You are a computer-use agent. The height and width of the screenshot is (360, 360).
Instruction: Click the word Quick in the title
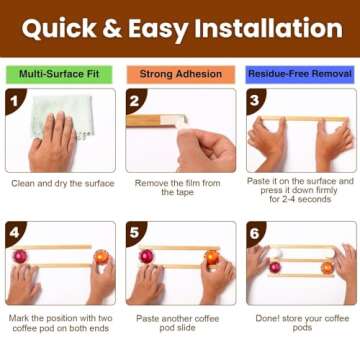pos(59,29)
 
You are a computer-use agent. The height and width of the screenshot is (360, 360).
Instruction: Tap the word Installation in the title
pos(269,28)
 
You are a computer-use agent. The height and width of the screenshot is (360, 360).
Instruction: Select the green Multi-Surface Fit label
pos(59,74)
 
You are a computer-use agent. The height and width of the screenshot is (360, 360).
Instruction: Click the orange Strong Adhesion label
pos(181,74)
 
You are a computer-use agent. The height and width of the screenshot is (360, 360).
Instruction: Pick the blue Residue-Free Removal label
pos(300,74)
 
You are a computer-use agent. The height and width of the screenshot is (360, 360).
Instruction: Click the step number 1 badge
pos(14,100)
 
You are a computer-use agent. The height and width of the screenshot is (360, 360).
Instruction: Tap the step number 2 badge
pos(134,100)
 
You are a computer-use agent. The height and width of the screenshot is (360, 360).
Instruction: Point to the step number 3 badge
pos(255,100)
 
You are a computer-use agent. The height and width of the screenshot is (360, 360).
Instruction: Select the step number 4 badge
pos(14,233)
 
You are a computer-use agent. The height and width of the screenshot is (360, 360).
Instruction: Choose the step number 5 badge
pos(134,233)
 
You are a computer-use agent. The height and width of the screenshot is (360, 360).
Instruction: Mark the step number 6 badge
pos(255,233)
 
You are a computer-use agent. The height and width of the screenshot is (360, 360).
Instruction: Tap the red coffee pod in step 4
pos(20,256)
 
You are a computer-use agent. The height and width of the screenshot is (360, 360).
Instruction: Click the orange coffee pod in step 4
pos(101,257)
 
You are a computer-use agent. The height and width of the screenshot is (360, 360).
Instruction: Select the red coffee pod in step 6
pos(275,267)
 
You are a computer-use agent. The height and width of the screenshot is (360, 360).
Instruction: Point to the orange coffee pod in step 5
pos(212,257)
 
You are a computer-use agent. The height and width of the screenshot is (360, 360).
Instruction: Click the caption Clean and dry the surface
pos(63,183)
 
